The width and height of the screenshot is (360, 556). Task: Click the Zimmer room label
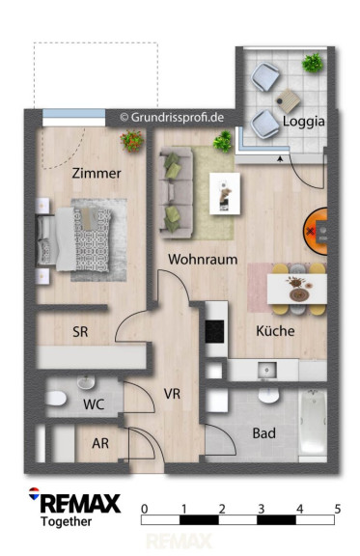coord(97,174)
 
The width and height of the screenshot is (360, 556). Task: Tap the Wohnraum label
coord(203,260)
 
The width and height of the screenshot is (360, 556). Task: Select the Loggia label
coord(304,122)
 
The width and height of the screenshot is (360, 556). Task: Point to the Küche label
coord(275,331)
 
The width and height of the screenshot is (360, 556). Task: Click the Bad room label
coord(263,433)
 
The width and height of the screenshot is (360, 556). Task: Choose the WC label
coord(94,404)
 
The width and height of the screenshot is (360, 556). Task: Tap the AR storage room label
coord(100,443)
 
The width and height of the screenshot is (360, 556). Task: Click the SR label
coord(80,332)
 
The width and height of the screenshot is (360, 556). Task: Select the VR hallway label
coord(172,394)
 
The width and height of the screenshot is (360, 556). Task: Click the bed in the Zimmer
coord(73,239)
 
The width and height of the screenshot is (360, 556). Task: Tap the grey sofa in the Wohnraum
coord(177,192)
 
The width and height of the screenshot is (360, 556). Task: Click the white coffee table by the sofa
coord(225,194)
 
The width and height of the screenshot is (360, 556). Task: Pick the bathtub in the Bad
coord(313,425)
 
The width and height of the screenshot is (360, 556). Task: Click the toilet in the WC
coord(56,399)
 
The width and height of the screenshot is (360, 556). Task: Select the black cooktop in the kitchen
coord(214,331)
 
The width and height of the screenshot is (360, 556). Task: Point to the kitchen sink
coord(266,371)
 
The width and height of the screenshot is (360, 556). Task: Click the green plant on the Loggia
coord(313,63)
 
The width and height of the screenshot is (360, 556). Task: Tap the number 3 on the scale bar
coord(261,510)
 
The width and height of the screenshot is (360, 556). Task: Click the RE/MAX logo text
coord(80,504)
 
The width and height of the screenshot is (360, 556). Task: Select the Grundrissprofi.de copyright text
coord(172,118)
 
